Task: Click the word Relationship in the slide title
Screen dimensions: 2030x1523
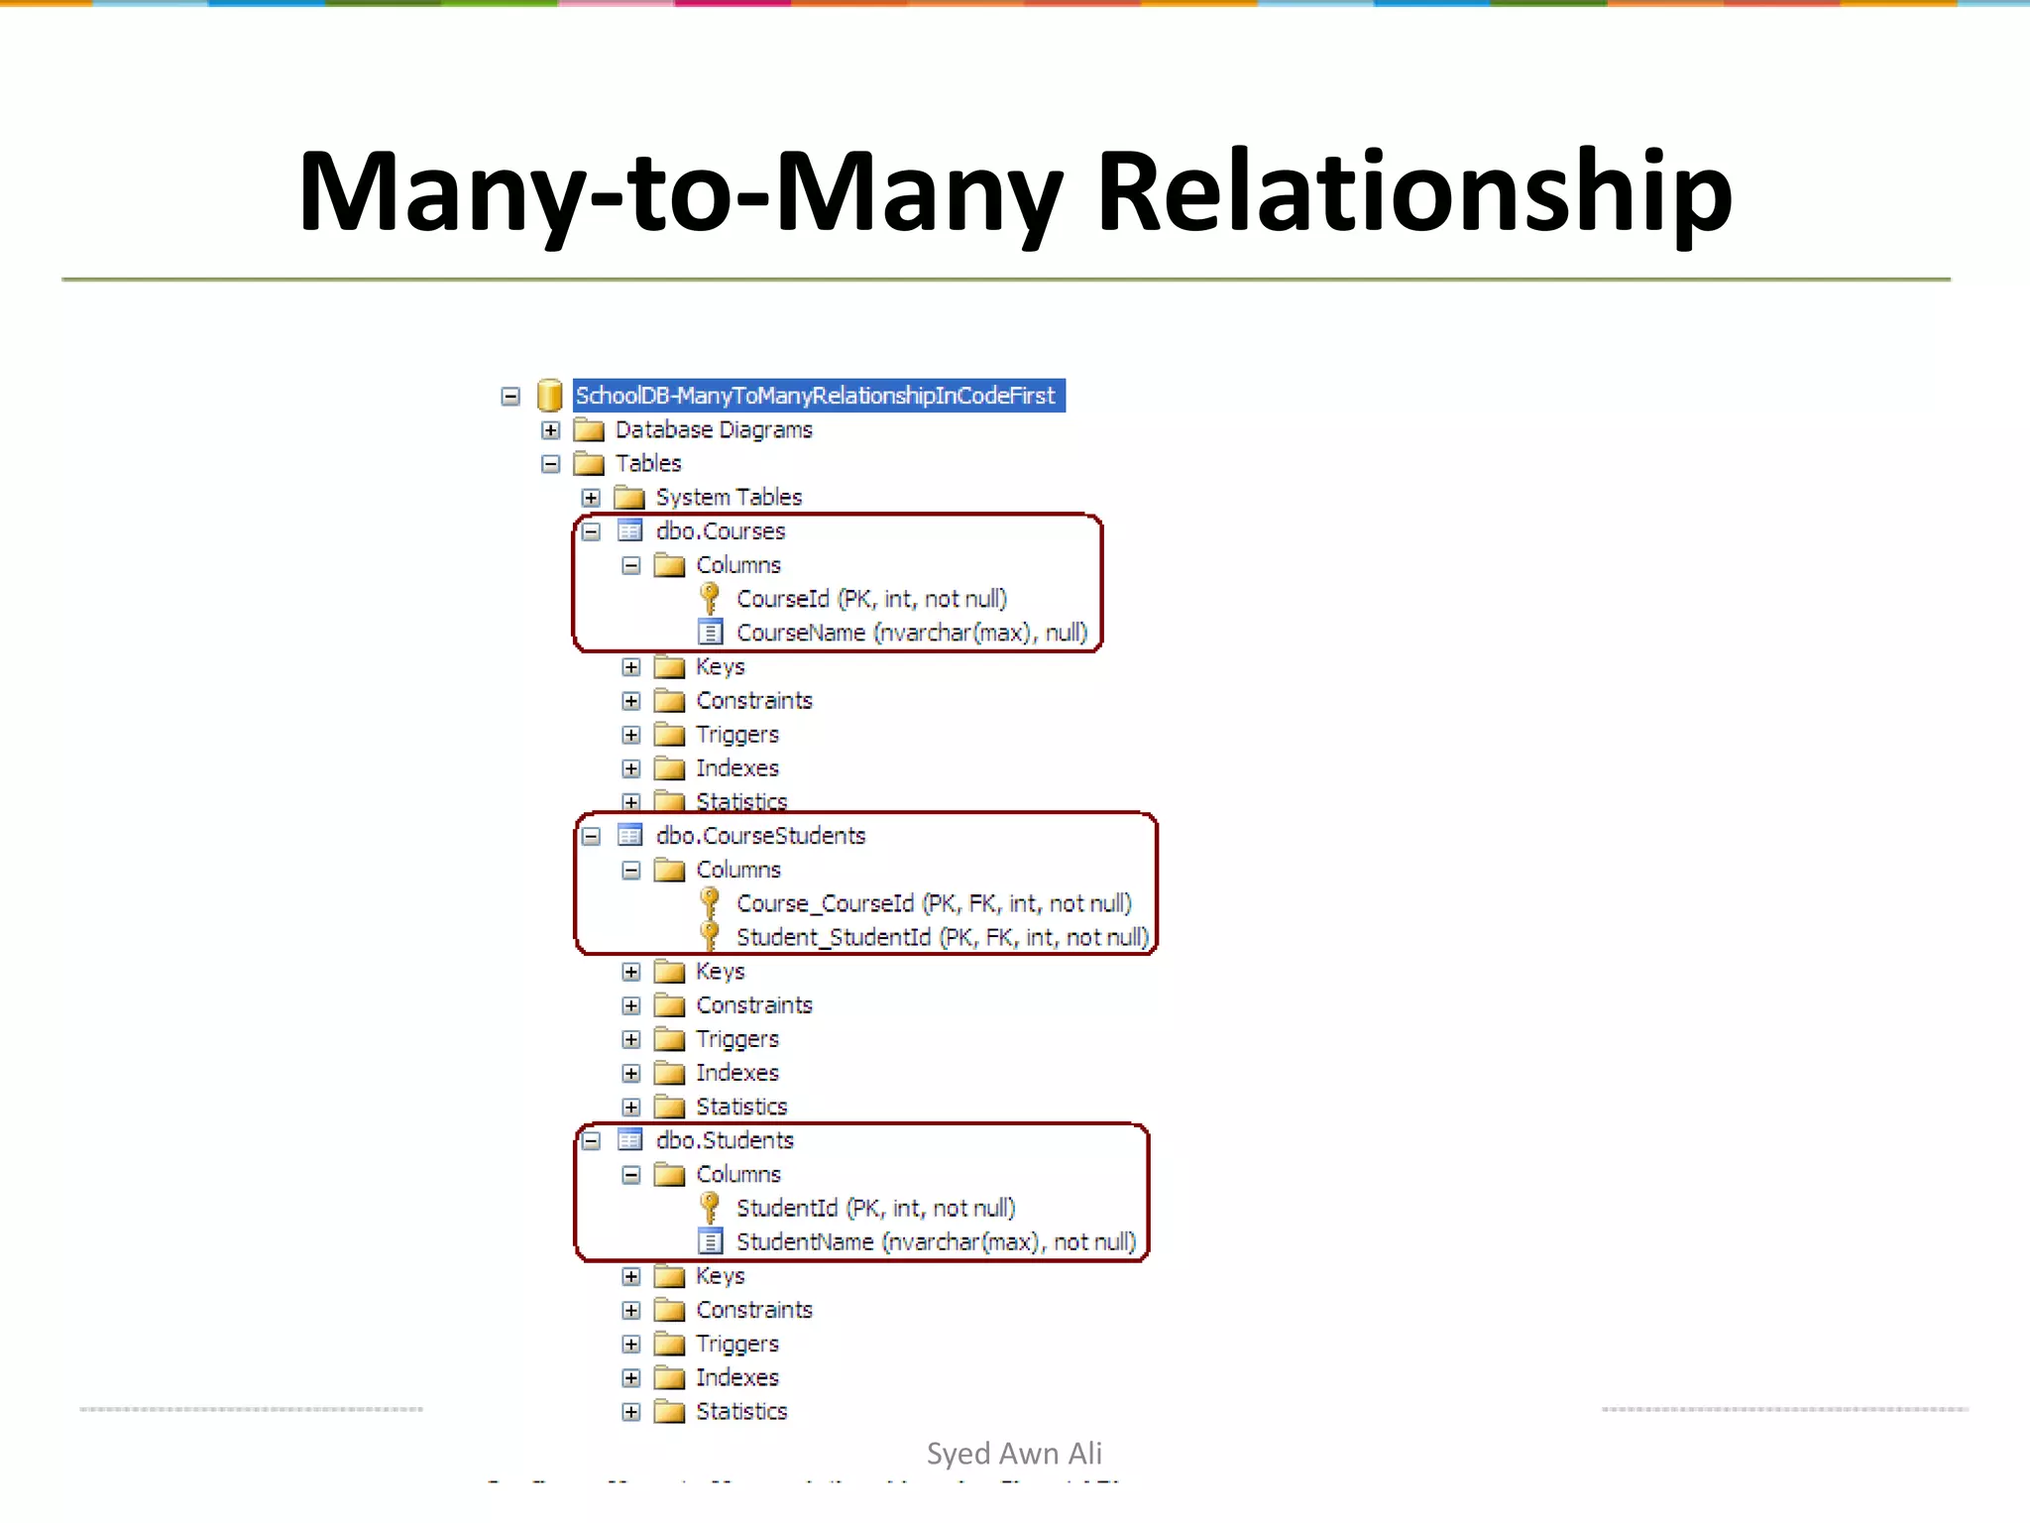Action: coord(1413,191)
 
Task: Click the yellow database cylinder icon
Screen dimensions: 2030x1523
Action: coord(549,396)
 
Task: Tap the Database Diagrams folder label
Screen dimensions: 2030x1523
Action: coord(713,429)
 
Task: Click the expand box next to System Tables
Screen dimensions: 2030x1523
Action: coord(591,498)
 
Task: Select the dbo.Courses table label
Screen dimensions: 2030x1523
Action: coord(720,531)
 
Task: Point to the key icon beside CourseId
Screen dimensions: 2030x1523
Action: coord(710,598)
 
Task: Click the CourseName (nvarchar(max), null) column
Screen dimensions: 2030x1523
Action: coord(911,633)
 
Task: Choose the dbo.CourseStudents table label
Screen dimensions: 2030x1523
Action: coord(760,836)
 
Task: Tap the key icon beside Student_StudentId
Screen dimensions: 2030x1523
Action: coord(710,936)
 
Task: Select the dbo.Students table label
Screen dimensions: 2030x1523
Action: coord(725,1140)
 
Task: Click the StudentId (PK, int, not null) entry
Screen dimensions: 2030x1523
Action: coord(875,1208)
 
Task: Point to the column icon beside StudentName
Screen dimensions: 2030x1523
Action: coord(710,1241)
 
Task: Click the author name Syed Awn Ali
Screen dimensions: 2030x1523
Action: coord(1014,1454)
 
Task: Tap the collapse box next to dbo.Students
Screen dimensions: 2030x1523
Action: coord(591,1141)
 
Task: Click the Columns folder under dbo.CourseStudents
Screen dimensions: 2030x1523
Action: coord(737,870)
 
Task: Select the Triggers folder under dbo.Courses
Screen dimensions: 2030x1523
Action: coord(736,735)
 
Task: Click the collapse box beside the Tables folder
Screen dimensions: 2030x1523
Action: coord(551,464)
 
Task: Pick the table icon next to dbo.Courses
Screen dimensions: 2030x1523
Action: coord(629,531)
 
